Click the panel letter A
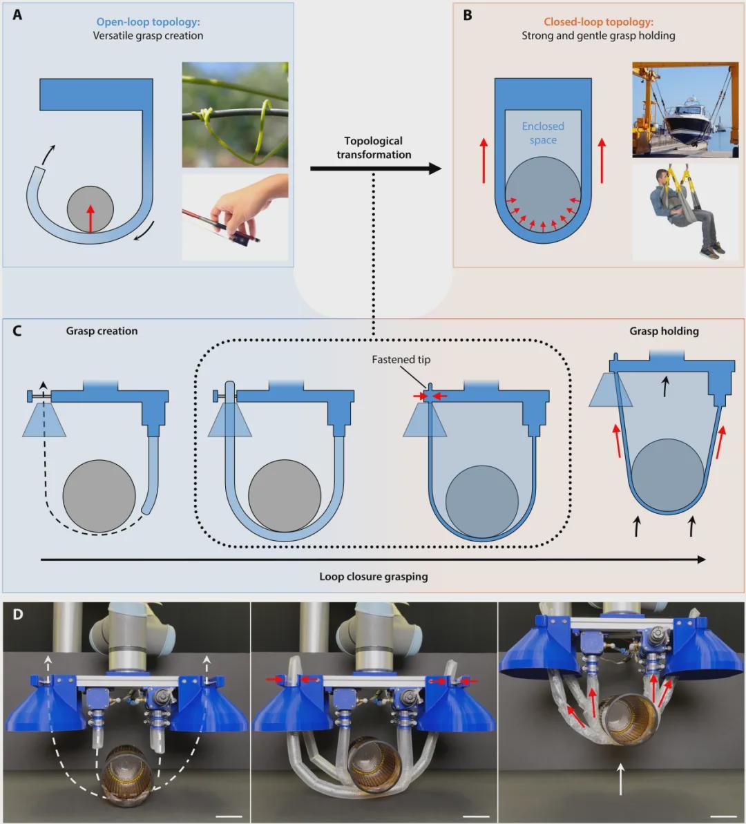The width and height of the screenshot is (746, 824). click(17, 15)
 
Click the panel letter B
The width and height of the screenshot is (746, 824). click(468, 15)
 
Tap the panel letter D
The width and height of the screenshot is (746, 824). click(17, 613)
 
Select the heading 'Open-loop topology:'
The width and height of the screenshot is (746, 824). click(148, 21)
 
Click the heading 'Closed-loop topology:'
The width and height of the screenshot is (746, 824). click(598, 21)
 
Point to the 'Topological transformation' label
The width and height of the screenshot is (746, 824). click(374, 148)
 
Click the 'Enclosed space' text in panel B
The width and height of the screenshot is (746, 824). click(543, 133)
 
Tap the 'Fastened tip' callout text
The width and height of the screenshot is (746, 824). click(401, 360)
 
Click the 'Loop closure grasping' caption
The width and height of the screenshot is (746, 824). click(374, 576)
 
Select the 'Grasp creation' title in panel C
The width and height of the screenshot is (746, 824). click(102, 331)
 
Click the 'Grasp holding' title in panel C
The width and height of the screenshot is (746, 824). click(664, 331)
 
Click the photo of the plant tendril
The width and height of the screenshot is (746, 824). click(235, 114)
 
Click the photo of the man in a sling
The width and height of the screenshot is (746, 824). click(685, 211)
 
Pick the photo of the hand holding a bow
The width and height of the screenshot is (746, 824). click(235, 217)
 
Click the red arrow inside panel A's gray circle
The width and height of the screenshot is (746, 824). click(89, 218)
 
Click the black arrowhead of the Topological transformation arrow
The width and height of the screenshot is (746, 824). click(434, 168)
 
